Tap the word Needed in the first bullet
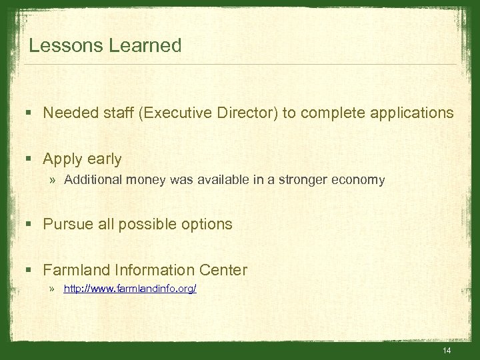[x=67, y=113]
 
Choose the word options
[x=207, y=224]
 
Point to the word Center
[x=223, y=270]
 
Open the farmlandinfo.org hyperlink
[x=130, y=289]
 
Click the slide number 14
[x=447, y=351]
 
